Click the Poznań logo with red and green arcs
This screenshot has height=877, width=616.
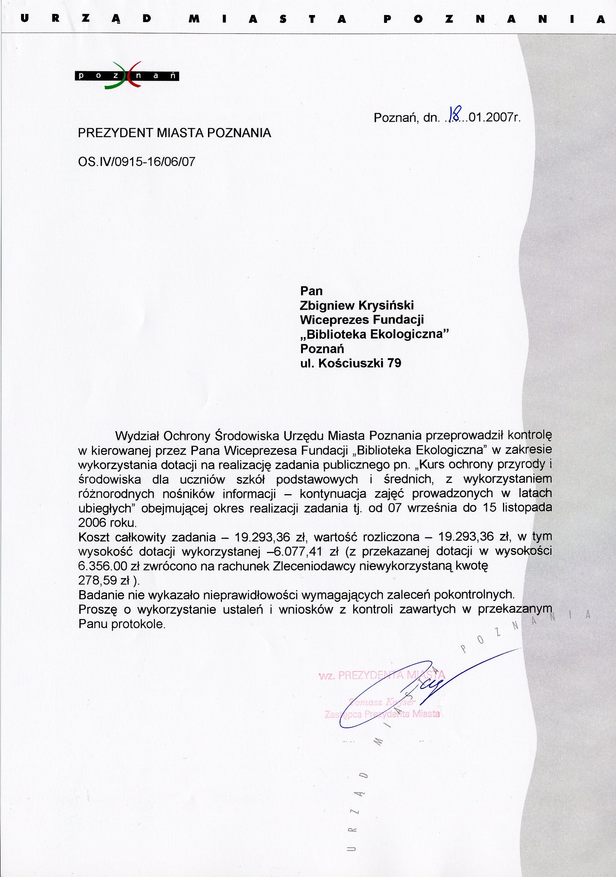[x=127, y=75]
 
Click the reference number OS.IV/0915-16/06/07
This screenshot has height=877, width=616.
[x=137, y=162]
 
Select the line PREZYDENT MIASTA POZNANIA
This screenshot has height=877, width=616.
[x=174, y=133]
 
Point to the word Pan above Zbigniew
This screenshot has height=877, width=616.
[x=311, y=291]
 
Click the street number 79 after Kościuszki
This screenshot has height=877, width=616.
[x=394, y=363]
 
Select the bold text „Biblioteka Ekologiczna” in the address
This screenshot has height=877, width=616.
[x=374, y=334]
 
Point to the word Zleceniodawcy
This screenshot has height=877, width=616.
[x=315, y=566]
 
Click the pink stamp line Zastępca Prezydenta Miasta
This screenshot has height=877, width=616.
[x=382, y=714]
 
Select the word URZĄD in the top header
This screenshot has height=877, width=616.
[x=86, y=19]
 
